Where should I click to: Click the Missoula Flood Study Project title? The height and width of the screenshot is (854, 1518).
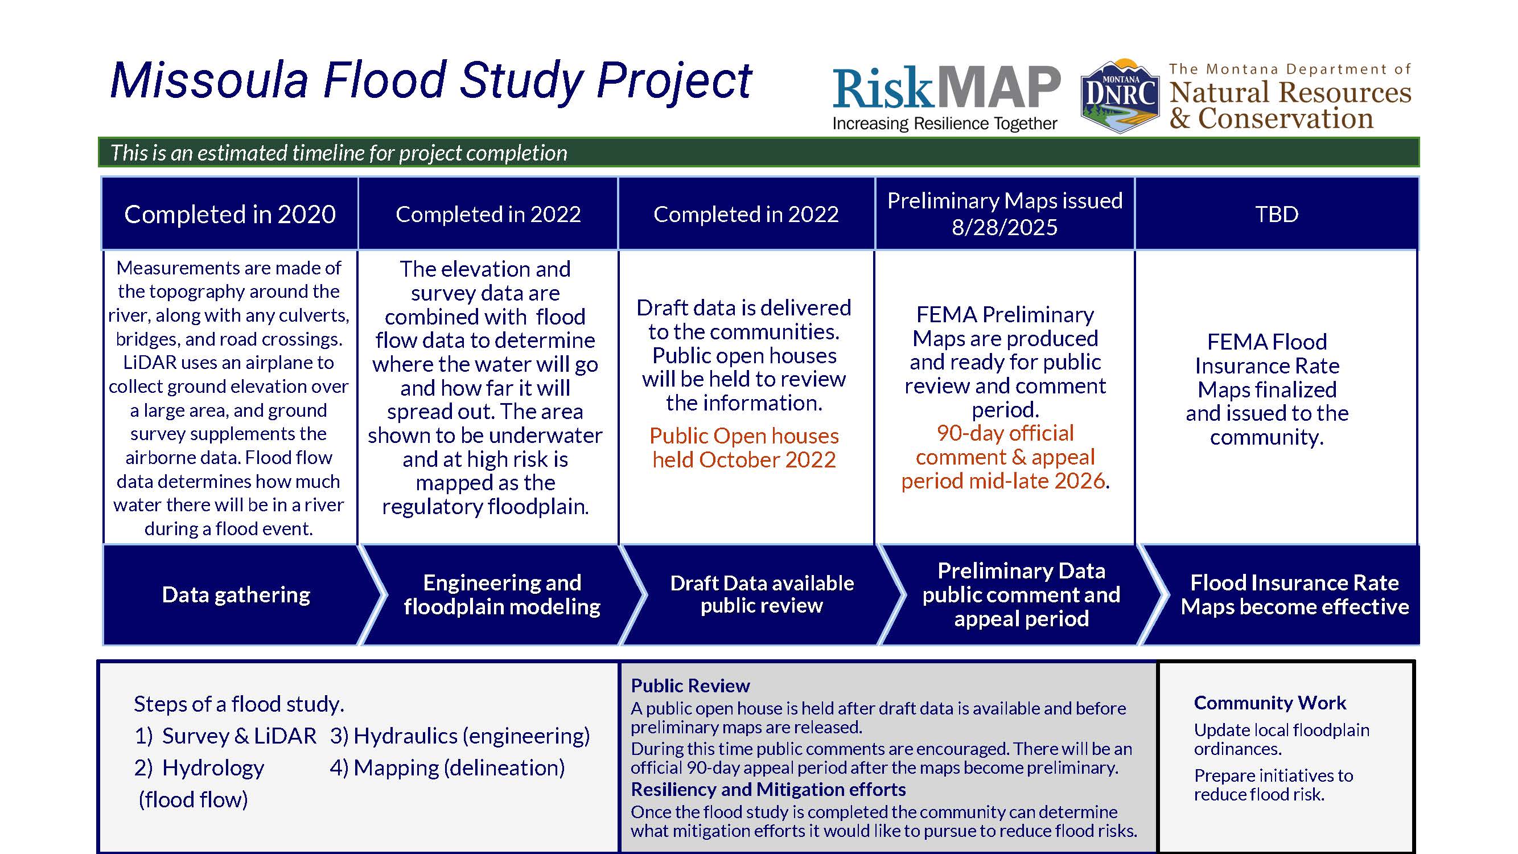coord(431,81)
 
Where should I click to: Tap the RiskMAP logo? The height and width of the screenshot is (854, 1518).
coord(947,98)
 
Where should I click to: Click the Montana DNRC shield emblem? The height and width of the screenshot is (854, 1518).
coord(1120,96)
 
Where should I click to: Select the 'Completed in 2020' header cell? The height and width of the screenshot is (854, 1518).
coord(230,214)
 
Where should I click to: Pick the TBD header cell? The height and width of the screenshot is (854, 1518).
coord(1277,214)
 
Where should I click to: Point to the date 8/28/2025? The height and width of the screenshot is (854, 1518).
coord(1005,228)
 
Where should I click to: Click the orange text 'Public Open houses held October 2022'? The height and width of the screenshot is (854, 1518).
coord(744,448)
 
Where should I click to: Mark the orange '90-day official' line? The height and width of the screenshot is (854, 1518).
coord(1005,433)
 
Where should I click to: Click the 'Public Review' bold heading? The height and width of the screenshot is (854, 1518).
coord(690,685)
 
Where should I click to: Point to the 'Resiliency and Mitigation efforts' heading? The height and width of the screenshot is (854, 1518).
coord(768,789)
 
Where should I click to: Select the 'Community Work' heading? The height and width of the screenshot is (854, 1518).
coord(1270,703)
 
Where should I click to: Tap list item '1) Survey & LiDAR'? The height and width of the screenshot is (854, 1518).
coord(225,736)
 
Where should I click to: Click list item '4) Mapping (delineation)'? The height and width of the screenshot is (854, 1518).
coord(447,767)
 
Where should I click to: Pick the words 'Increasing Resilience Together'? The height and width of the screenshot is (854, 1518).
coord(945,124)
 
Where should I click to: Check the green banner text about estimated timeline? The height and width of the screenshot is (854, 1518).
coord(339,153)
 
